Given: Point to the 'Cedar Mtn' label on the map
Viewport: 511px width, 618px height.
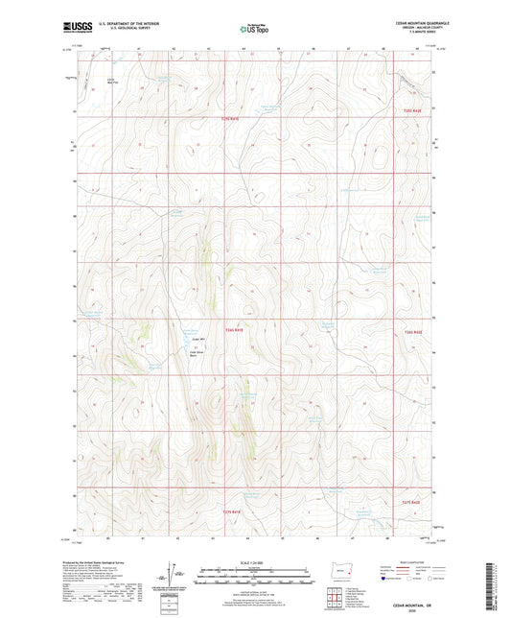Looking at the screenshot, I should [199, 337].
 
